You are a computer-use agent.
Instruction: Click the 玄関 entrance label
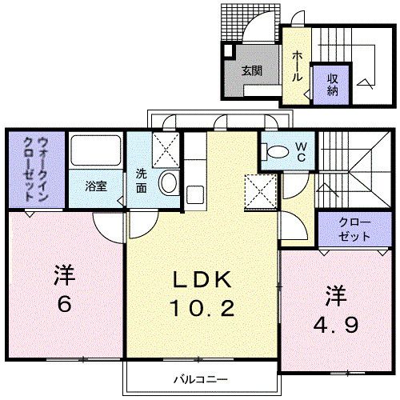click(x=252, y=71)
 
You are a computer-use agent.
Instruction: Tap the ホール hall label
click(x=296, y=65)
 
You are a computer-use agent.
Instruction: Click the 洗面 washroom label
click(x=141, y=180)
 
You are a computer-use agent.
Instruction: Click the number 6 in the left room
click(x=65, y=305)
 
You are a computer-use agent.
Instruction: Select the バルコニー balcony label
click(x=201, y=377)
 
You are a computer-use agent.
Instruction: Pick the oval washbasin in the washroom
click(x=169, y=183)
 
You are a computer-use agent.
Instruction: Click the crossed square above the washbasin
click(x=165, y=149)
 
